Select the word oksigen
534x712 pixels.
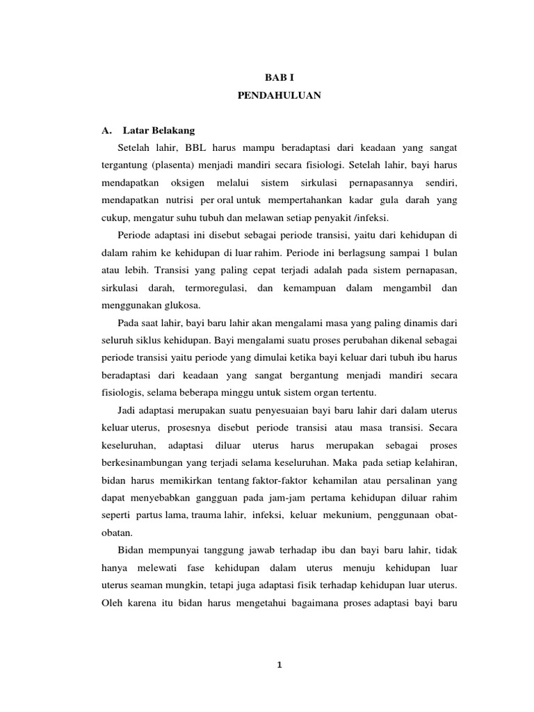[191, 184]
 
